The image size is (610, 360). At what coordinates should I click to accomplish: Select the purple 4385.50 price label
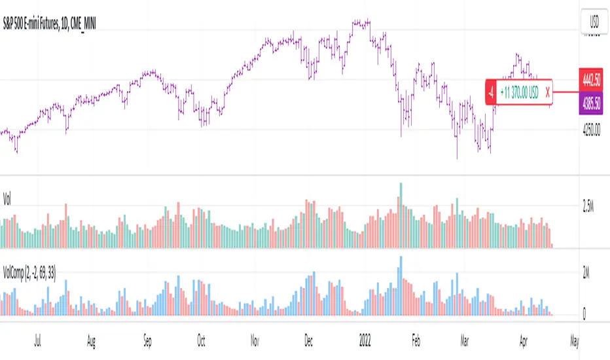tap(592, 103)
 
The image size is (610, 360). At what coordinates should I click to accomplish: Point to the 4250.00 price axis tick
tap(592, 130)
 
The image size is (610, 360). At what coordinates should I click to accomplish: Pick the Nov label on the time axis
tap(255, 341)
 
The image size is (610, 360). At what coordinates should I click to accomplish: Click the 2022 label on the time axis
tap(365, 341)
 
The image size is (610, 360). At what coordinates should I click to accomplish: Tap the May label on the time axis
tap(574, 341)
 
